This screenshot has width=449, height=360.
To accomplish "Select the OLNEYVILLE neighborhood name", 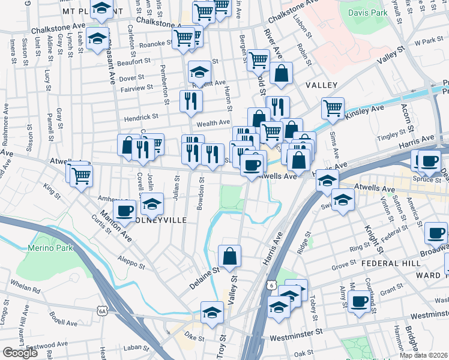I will pyautogui.click(x=163, y=220).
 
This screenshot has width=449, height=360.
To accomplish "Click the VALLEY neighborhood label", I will pyautogui.click(x=321, y=86).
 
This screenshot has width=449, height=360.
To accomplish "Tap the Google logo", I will pyautogui.click(x=20, y=353).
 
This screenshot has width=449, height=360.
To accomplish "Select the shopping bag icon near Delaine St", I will pyautogui.click(x=230, y=256).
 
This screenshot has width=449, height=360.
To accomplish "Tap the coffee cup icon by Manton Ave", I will pyautogui.click(x=125, y=211).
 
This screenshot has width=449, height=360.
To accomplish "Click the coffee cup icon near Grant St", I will pyautogui.click(x=360, y=301).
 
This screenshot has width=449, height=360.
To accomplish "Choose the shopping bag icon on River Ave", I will pyautogui.click(x=280, y=74).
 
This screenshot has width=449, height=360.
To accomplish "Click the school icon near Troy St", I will pyautogui.click(x=212, y=313).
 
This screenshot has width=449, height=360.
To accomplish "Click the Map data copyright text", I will pyautogui.click(x=423, y=355).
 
